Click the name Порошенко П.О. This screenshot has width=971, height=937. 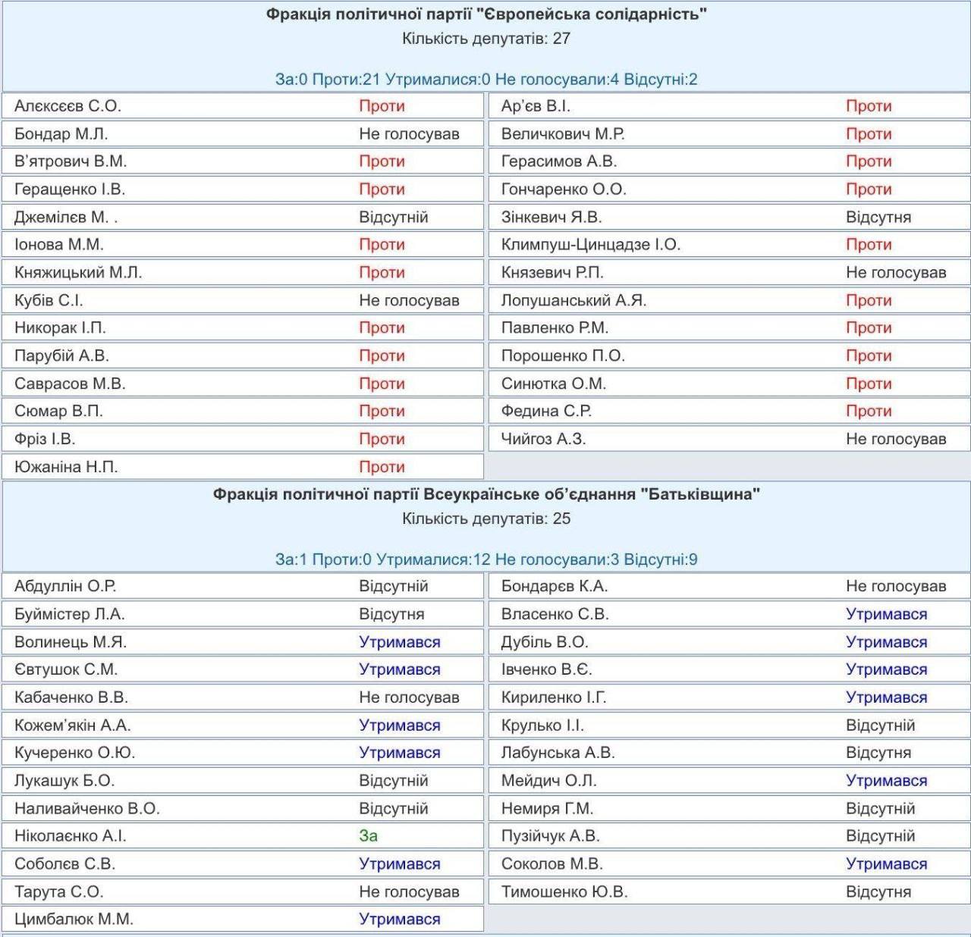coord(563,356)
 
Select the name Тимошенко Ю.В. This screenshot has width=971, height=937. coord(564,892)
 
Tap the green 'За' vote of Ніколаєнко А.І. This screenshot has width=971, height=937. coord(369,835)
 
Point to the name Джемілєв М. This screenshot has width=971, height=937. coord(65,217)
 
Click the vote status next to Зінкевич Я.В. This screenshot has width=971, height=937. coord(878,217)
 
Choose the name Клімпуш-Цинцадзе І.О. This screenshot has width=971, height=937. coord(590,244)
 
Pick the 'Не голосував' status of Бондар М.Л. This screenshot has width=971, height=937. coord(409,133)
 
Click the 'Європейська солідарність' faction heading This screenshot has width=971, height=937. coord(486,14)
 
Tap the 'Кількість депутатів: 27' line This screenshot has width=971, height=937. coord(486,38)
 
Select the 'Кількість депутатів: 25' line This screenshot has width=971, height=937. coord(486,519)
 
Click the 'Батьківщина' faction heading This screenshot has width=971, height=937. coord(486,494)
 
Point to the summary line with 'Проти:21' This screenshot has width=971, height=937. coord(486,79)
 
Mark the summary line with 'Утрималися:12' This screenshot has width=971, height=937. coord(486,559)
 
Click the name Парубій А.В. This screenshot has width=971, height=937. coord(61,356)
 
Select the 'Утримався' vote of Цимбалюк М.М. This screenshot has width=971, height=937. coord(399,919)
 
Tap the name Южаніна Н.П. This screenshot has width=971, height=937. coord(66,466)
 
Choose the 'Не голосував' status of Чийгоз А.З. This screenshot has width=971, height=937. coord(896,439)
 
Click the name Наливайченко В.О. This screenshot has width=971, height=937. coord(86,808)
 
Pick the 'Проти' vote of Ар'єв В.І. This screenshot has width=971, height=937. coord(869,106)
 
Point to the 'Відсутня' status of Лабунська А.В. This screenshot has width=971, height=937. coord(878,753)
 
